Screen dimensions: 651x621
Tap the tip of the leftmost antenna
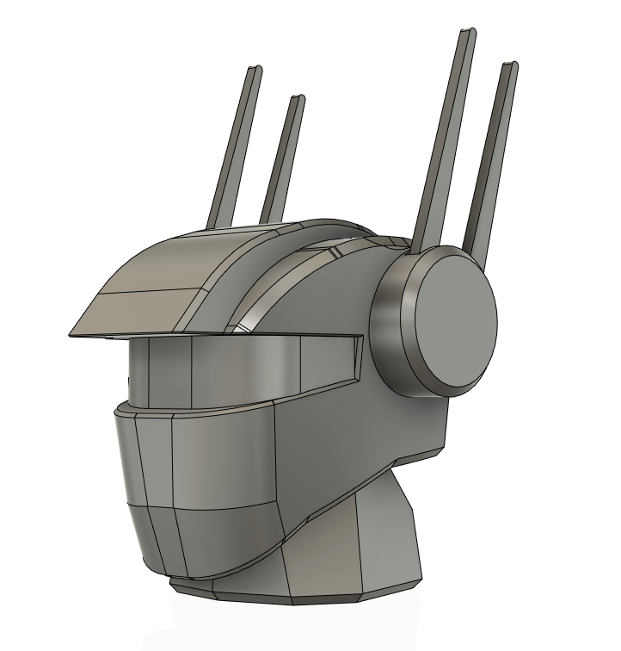pyautogui.click(x=255, y=68)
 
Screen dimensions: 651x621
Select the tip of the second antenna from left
pyautogui.click(x=298, y=98)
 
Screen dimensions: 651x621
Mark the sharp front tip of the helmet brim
pyautogui.click(x=70, y=334)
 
